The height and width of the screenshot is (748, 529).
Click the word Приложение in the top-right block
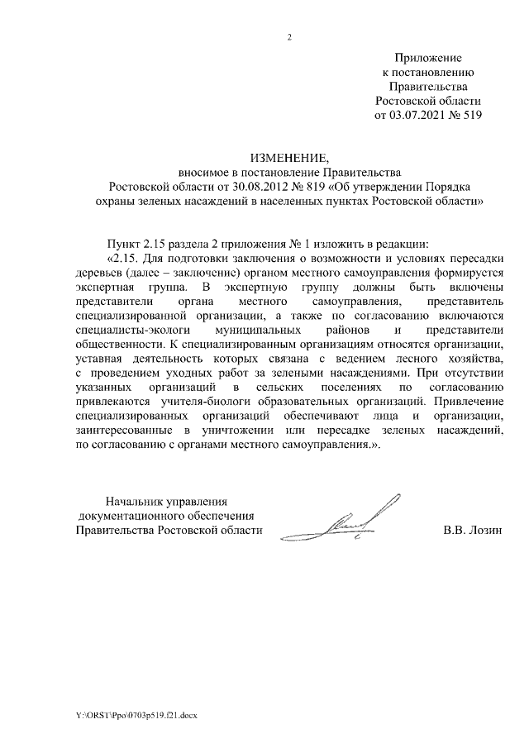(427, 57)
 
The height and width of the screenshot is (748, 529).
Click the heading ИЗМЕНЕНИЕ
(288, 157)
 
